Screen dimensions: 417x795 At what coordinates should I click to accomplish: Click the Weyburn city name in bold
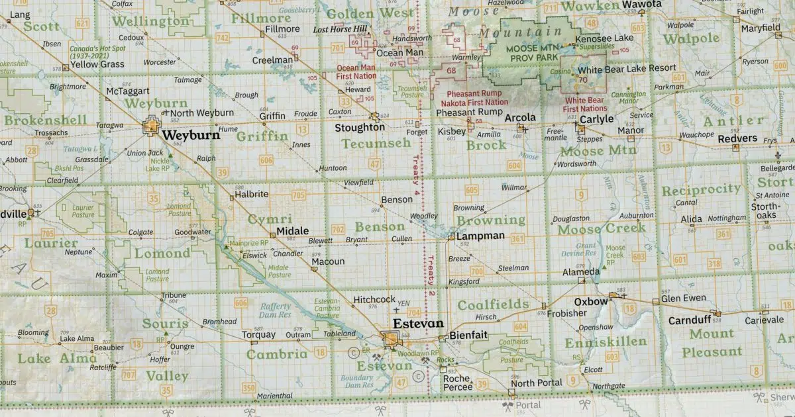pyautogui.click(x=191, y=135)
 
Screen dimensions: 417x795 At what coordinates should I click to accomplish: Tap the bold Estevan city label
pyautogui.click(x=418, y=324)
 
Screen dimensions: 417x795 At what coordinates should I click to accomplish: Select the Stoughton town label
pyautogui.click(x=360, y=127)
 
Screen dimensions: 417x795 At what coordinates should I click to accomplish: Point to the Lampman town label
pyautogui.click(x=480, y=236)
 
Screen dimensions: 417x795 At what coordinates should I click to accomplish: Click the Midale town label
pyautogui.click(x=293, y=230)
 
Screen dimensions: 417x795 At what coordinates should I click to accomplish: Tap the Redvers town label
pyautogui.click(x=737, y=138)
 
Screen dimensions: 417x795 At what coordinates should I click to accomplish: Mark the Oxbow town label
pyautogui.click(x=591, y=301)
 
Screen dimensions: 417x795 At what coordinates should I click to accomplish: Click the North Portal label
pyautogui.click(x=537, y=383)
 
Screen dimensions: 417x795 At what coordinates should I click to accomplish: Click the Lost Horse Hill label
pyautogui.click(x=340, y=30)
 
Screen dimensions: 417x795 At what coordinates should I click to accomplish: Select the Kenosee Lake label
pyautogui.click(x=605, y=38)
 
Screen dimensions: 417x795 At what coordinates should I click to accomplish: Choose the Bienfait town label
pyautogui.click(x=468, y=336)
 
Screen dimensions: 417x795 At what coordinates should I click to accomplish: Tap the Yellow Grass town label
pyautogui.click(x=97, y=64)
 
